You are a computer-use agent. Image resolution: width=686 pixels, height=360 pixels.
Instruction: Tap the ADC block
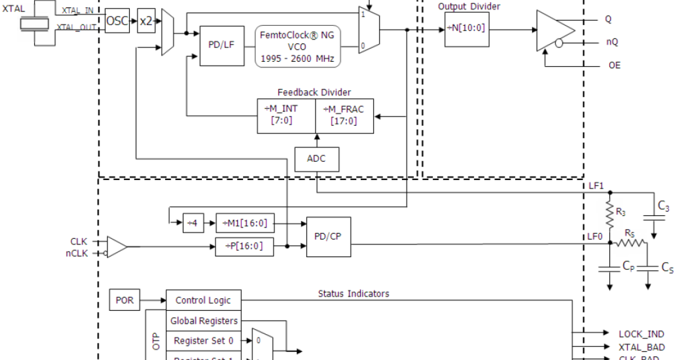316,158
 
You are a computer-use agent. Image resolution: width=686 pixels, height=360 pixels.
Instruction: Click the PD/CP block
328,237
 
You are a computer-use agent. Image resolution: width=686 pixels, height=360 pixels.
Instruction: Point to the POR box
124,300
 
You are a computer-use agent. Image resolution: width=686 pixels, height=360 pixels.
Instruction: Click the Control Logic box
204,300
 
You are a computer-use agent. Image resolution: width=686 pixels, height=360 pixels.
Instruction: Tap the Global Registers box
204,321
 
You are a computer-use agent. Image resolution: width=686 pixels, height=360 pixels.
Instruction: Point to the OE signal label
613,66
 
